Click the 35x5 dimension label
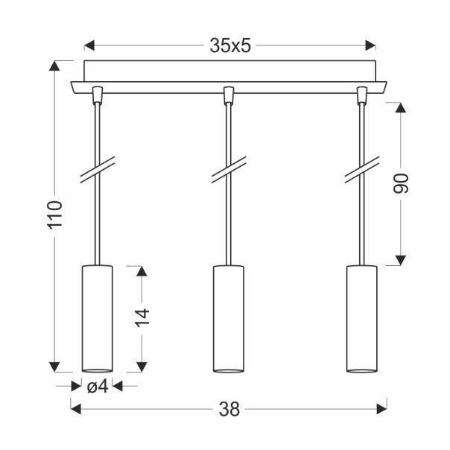tap(229, 45)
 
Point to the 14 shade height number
tap(144, 317)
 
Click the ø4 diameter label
tap(98, 386)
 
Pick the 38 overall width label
tap(229, 408)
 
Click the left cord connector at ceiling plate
tap(97, 95)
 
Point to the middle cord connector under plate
tap(228, 95)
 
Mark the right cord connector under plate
tap(362, 95)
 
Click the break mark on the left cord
tap(97, 169)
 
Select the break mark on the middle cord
tap(228, 169)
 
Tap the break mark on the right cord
tap(361, 169)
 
